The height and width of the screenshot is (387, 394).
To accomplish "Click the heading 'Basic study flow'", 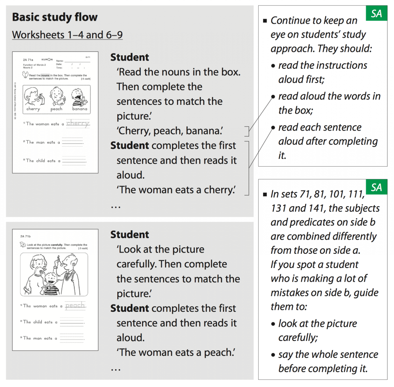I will coord(55,17).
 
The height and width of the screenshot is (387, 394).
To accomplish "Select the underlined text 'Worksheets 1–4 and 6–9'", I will coord(67,35).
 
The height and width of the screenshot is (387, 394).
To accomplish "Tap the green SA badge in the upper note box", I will coord(376,14).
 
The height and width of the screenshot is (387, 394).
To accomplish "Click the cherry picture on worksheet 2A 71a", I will coord(33,96).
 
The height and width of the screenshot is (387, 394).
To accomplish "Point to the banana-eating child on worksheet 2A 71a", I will coord(79,96).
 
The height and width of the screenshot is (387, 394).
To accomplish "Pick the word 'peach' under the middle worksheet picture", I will coord(57,109).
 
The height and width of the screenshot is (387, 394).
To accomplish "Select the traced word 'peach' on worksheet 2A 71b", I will coord(75,306).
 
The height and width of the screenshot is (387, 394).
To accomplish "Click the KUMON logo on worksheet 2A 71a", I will coord(47,60).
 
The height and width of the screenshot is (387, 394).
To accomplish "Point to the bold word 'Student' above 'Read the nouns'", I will coord(130,57).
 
